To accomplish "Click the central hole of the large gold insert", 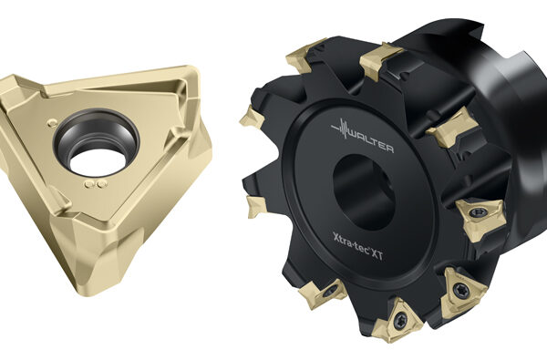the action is pyautogui.click(x=97, y=144).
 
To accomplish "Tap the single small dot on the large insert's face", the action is pyautogui.click(x=52, y=122).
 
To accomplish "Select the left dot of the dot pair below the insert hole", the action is pyautogui.click(x=90, y=184).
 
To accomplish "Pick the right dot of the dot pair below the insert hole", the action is pyautogui.click(x=101, y=184).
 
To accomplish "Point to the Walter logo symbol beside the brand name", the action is pyautogui.click(x=341, y=129).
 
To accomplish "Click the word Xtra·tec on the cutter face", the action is pyautogui.click(x=351, y=244).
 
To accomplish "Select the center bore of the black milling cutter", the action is pyautogui.click(x=364, y=192).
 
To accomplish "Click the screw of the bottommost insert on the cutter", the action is pyautogui.click(x=400, y=320).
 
